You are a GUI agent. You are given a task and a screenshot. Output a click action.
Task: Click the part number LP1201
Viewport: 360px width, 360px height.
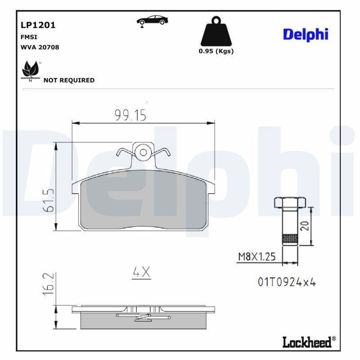tap(38, 25)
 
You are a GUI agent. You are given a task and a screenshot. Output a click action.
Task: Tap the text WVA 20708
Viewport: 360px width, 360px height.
tap(40, 47)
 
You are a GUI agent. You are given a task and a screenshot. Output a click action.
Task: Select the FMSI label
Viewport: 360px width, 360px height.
tap(28, 37)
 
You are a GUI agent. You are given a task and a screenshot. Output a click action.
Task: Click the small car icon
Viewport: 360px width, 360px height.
tap(152, 21)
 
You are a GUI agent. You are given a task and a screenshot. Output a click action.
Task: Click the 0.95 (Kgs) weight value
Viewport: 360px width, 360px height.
tap(216, 51)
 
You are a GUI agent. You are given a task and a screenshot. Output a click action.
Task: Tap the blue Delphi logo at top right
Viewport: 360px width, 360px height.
tap(306, 34)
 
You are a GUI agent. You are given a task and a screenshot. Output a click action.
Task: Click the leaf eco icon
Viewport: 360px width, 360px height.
tap(30, 71)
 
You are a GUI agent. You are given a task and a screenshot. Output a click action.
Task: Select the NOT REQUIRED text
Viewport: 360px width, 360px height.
tap(69, 80)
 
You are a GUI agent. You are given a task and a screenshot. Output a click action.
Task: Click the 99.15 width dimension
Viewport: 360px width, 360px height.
tap(130, 116)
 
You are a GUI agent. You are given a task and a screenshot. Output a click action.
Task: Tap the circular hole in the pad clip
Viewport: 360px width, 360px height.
tap(143, 152)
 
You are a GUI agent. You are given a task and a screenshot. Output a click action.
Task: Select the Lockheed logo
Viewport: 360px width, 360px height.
tap(308, 342)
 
